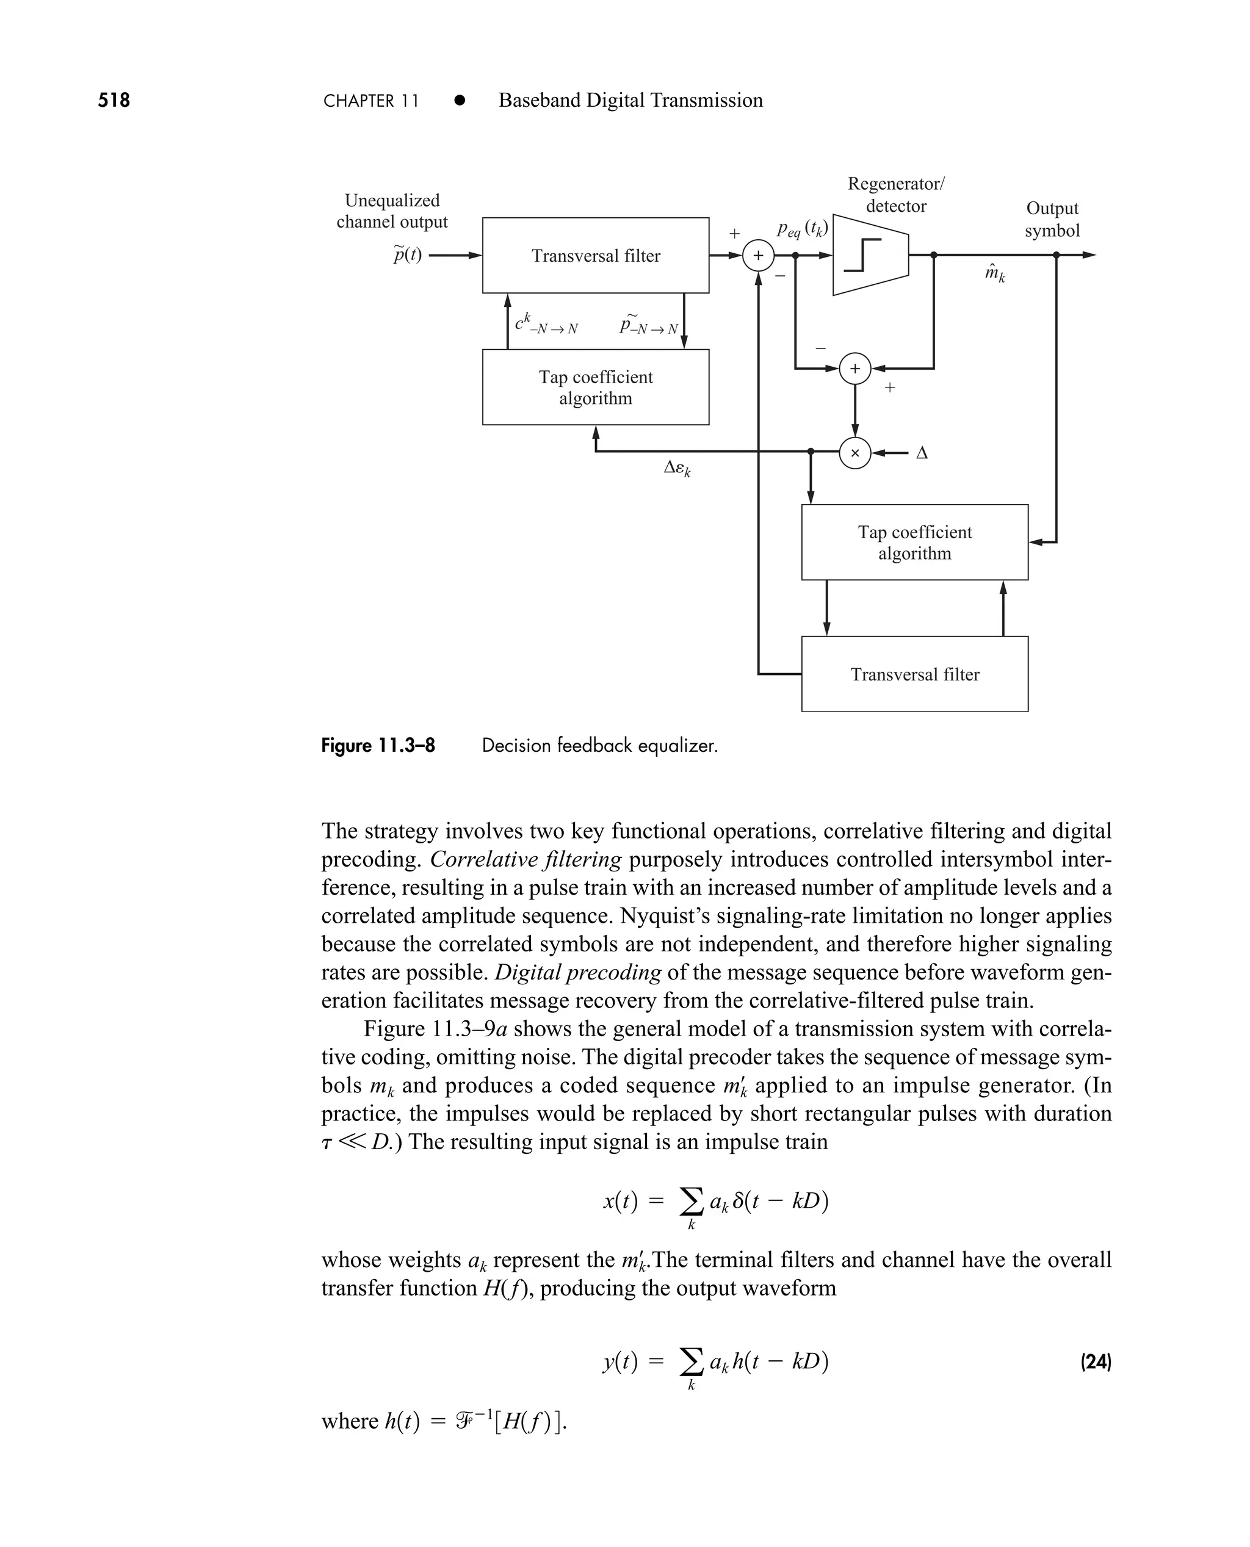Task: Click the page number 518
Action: [114, 100]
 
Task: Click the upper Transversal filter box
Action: [596, 256]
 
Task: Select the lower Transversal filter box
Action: [914, 674]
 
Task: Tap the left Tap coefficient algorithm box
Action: [596, 388]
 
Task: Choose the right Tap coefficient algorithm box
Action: [914, 543]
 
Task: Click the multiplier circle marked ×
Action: [854, 453]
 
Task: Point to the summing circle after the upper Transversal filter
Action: [758, 256]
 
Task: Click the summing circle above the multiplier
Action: [854, 369]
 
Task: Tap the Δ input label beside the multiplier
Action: [922, 453]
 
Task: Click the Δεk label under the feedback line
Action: [676, 469]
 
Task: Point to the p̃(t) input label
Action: [408, 255]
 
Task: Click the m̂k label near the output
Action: [994, 273]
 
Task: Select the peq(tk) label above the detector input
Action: [802, 229]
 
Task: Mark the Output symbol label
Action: [1052, 219]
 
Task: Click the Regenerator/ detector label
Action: [896, 194]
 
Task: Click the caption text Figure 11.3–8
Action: [378, 745]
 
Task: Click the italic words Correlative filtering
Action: [526, 859]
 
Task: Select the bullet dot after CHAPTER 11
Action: [460, 101]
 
